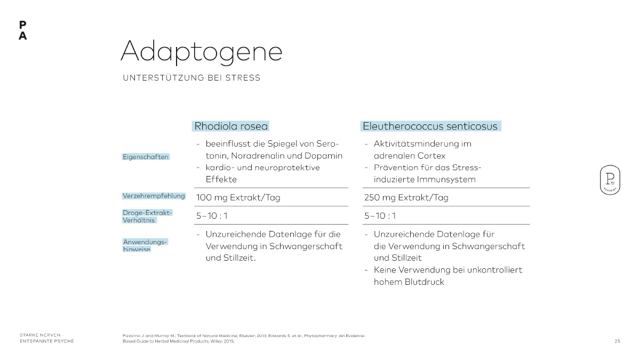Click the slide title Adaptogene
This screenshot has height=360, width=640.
pos(201,52)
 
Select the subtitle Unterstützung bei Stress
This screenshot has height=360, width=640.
pos(191,78)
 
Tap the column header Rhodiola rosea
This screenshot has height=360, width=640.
pos(231,126)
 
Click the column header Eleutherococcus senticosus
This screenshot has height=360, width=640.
pos(430,126)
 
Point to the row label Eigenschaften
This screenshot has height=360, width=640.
pos(146,157)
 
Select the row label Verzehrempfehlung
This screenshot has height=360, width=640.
pos(154,196)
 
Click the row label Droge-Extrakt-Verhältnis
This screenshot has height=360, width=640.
pos(147,216)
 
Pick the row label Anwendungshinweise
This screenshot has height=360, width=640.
pos(145,245)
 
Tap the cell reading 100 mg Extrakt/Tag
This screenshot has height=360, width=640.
pos(238,198)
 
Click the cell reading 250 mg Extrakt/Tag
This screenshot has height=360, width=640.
pos(406,198)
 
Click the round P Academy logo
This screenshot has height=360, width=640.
pos(609,179)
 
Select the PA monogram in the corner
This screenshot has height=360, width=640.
pos(22,31)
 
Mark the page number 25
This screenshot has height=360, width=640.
pos(617,341)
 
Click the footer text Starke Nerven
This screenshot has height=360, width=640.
pos(40,335)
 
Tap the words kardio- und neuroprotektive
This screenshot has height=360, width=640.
pos(262,167)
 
